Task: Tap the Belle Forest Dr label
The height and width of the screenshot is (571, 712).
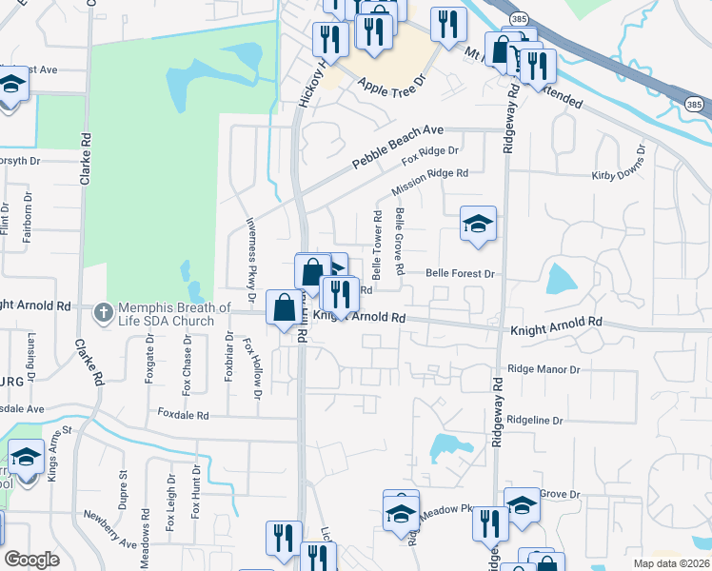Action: (461, 273)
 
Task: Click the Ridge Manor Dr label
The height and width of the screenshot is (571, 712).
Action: (544, 368)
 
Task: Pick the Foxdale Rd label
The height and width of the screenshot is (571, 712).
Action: (184, 416)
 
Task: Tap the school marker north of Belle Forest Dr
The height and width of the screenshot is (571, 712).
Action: (478, 224)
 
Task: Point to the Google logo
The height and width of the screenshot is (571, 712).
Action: (32, 559)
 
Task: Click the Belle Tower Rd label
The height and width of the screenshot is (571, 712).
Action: (377, 246)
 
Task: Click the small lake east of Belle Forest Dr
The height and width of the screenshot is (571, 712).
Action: (562, 278)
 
